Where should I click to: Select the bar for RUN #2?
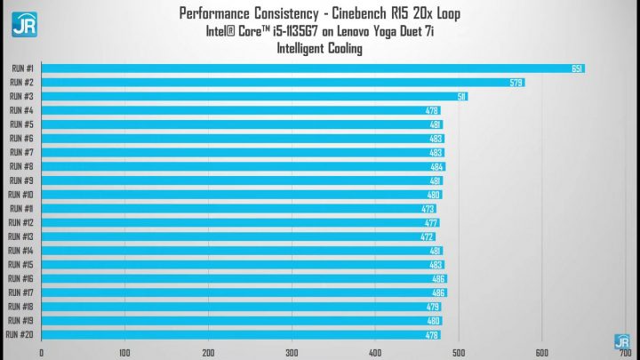tap(283, 83)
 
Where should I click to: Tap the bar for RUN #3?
tap(254, 96)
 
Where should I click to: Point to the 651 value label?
tap(577, 68)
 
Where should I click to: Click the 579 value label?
tap(516, 83)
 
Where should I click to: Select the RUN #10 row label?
tap(21, 195)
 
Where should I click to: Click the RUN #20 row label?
tap(20, 335)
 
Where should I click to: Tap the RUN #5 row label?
tap(22, 124)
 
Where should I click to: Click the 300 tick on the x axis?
tap(292, 351)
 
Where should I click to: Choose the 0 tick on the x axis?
tap(42, 351)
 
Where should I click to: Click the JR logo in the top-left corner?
tap(22, 24)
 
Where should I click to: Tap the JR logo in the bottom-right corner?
tap(622, 340)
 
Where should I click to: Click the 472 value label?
tap(427, 236)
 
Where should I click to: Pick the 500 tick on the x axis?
tap(458, 351)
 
